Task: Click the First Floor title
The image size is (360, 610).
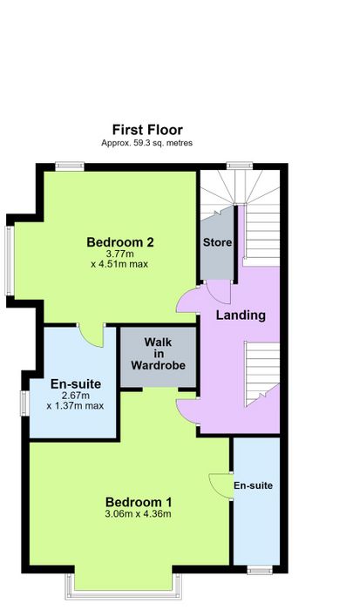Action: [147, 130]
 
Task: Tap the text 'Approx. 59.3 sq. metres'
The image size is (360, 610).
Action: [146, 143]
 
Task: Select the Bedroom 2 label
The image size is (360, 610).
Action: [120, 242]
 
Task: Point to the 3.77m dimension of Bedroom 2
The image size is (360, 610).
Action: [120, 254]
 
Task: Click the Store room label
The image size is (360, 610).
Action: [217, 242]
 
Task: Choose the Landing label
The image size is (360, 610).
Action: [241, 315]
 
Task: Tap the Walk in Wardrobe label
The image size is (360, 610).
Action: [158, 354]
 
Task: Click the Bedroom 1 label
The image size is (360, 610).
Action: [139, 502]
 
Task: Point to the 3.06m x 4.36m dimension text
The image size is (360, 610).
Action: [139, 514]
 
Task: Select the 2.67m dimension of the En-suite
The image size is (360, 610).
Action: [76, 396]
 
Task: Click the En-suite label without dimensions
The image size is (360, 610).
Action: [253, 485]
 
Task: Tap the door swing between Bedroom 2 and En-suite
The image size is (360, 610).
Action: [91, 335]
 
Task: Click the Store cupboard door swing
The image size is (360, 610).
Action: [219, 292]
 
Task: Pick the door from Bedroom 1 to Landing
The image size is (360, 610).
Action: [188, 410]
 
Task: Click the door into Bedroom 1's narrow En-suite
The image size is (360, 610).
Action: [221, 485]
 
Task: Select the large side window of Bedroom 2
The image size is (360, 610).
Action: [10, 261]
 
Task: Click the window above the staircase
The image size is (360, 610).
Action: [240, 166]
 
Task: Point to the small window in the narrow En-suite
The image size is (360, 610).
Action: [260, 571]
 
